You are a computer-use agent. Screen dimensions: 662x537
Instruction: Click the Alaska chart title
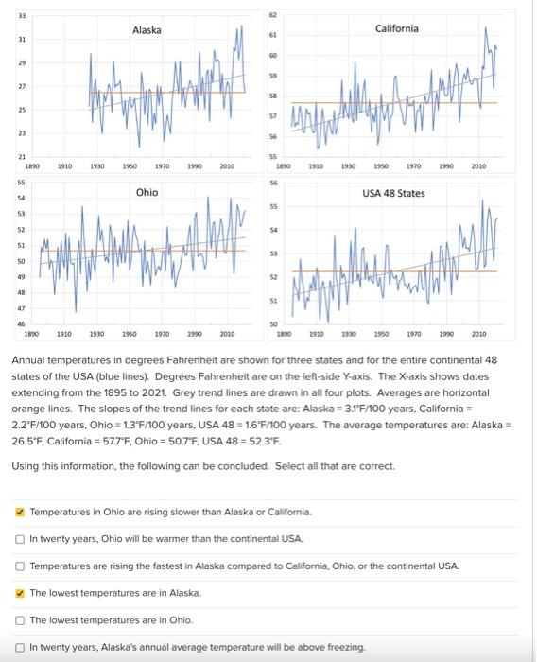click(147, 30)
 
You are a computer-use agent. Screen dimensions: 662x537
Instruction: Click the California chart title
click(397, 28)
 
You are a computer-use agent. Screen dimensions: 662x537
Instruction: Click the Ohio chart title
click(147, 192)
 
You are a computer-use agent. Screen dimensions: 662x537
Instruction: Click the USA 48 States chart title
click(393, 193)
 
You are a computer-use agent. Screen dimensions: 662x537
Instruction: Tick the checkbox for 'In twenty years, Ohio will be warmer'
click(20, 538)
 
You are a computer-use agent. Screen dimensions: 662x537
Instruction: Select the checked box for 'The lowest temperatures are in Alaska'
click(20, 592)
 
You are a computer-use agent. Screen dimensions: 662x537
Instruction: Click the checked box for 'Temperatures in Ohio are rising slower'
click(20, 512)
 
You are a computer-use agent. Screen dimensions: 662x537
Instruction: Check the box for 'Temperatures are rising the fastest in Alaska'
click(20, 566)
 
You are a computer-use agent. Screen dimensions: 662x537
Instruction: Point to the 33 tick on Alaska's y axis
click(22, 13)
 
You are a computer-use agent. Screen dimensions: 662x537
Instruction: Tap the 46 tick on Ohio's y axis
click(22, 323)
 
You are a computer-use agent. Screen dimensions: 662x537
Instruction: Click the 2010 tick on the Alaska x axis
click(227, 165)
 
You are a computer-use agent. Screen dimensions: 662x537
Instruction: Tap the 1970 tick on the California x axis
click(413, 165)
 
